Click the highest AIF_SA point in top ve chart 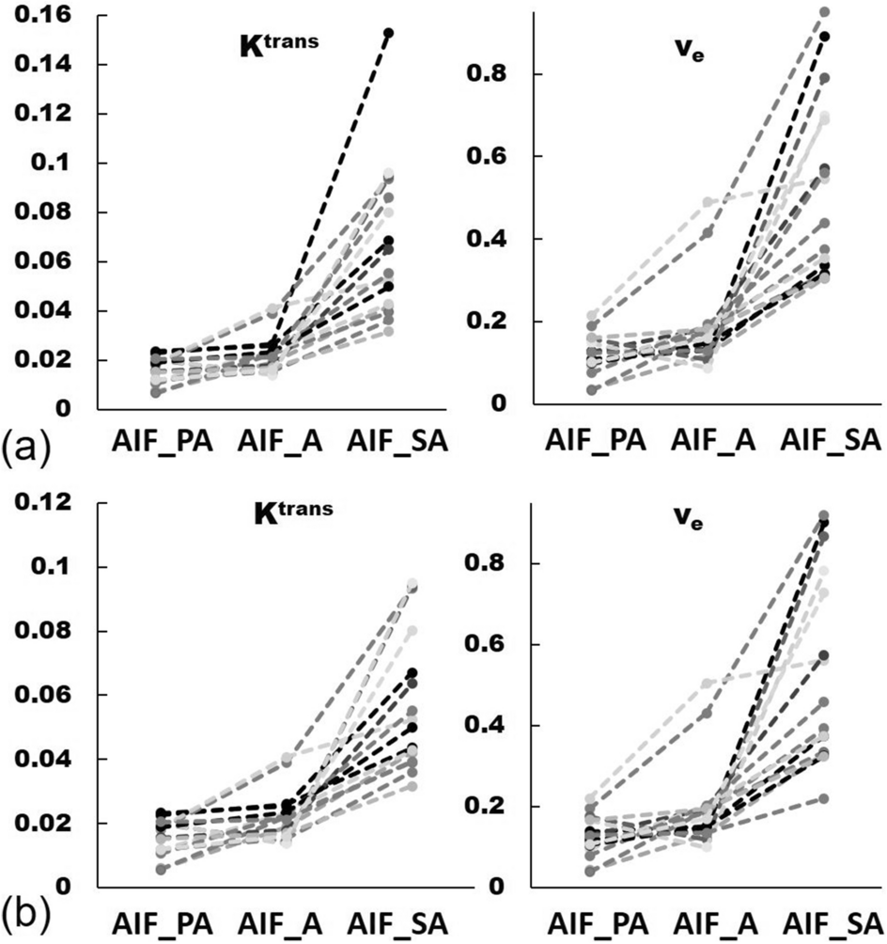[x=825, y=12]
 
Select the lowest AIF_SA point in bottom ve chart [x=825, y=798]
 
